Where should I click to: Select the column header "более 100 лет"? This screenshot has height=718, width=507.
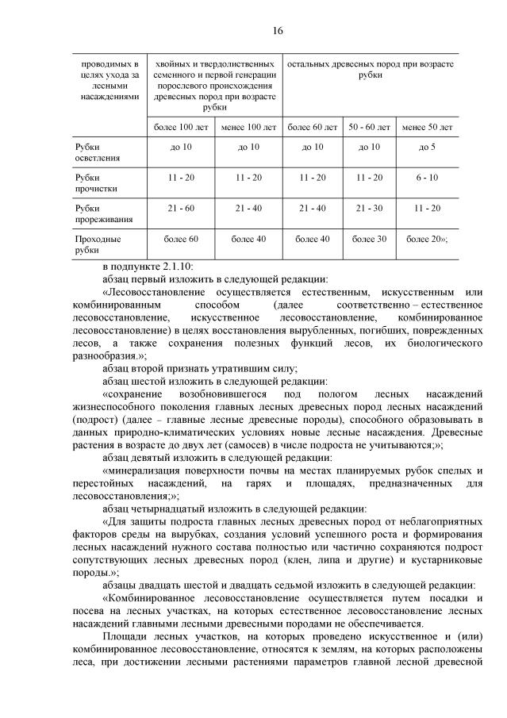pyautogui.click(x=181, y=127)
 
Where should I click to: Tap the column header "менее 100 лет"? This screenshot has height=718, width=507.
pyautogui.click(x=248, y=127)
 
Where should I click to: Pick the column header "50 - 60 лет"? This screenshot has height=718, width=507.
pyautogui.click(x=370, y=127)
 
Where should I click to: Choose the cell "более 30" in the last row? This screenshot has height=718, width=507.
pyautogui.click(x=370, y=238)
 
